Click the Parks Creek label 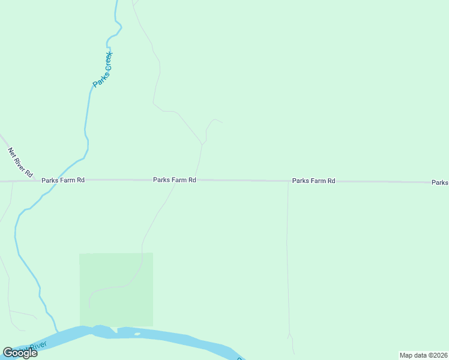point(103,70)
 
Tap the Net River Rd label point(20,162)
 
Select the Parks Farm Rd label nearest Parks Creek point(63,180)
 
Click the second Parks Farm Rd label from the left point(175,180)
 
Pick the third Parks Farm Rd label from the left point(313,181)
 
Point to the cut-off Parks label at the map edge point(440,182)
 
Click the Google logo point(20,353)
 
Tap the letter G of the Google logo point(8,353)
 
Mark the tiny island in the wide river point(137,334)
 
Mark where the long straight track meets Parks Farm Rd point(288,181)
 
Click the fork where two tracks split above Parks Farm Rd point(202,144)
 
